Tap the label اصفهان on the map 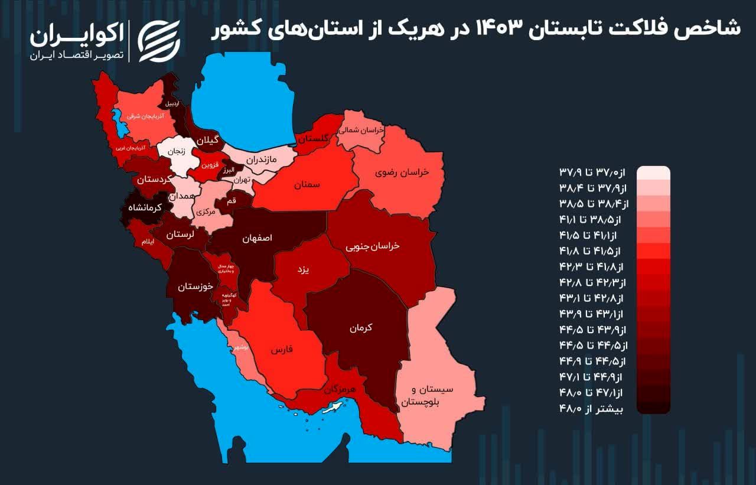(x=258, y=239)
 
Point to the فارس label (x=282, y=349)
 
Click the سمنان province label (x=307, y=185)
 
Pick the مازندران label (x=260, y=159)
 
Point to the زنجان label (x=177, y=151)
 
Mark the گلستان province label (x=313, y=138)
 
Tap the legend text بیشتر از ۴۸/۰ (x=595, y=407)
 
